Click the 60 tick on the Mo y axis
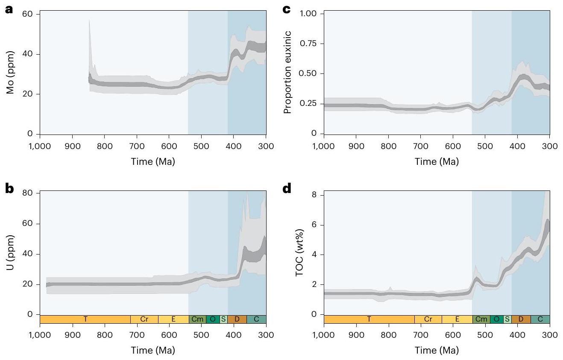(x=31, y=14)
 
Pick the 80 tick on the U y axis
(x=31, y=193)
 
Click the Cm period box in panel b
(x=197, y=319)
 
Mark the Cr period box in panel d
(x=428, y=319)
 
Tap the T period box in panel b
(x=85, y=319)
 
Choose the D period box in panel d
(x=521, y=319)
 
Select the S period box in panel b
(x=223, y=319)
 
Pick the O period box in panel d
(x=496, y=319)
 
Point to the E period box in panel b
(x=173, y=319)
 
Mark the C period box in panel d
(x=540, y=319)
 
